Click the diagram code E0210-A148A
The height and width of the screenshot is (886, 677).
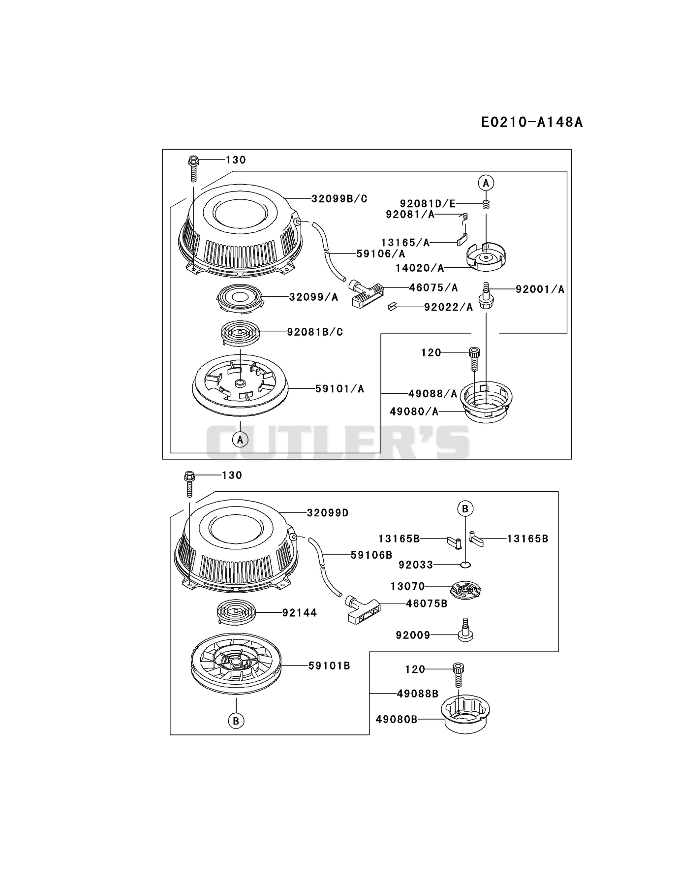(532, 122)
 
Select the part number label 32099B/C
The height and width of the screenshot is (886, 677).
(339, 199)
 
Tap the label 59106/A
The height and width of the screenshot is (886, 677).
(381, 254)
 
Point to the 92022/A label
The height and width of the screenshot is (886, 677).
(448, 307)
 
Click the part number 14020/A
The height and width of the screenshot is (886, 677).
(420, 268)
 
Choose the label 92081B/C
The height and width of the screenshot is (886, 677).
(315, 332)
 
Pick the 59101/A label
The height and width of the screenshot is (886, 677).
(339, 389)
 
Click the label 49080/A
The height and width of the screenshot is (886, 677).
(414, 411)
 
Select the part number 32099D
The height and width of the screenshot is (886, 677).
(328, 513)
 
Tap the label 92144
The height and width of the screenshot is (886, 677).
(300, 613)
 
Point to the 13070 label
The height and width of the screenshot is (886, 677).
(407, 586)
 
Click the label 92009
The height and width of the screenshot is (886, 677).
(413, 635)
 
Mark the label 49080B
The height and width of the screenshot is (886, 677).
(396, 720)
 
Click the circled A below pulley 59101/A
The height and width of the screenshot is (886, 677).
(240, 440)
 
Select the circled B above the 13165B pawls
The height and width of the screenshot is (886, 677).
(465, 508)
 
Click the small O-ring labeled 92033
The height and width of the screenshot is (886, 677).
(465, 565)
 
